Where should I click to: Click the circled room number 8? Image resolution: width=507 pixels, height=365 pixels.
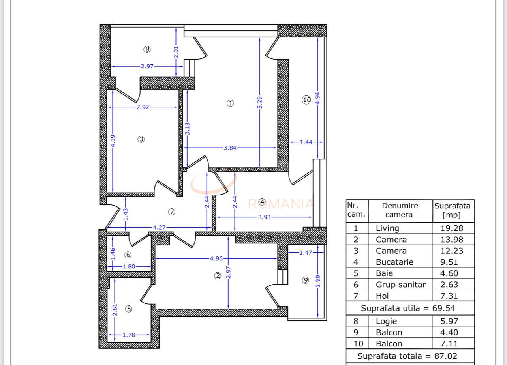(147, 49)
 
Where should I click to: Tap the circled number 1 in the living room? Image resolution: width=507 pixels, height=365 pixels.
(230, 103)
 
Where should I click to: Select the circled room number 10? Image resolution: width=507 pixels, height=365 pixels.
(307, 100)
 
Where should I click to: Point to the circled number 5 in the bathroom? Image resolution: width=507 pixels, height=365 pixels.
(129, 309)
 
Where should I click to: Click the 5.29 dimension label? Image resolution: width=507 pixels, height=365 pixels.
(259, 102)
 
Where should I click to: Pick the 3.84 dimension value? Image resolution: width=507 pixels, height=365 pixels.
(230, 148)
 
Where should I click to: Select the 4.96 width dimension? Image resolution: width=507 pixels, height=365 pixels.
(216, 259)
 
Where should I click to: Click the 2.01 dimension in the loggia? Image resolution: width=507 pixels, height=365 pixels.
(176, 52)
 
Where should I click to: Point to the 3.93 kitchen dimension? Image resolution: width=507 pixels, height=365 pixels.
(264, 217)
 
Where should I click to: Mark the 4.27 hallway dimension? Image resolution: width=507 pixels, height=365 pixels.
(159, 227)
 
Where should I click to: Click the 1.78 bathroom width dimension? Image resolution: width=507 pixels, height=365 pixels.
(129, 335)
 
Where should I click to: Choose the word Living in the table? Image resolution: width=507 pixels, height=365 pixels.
(387, 228)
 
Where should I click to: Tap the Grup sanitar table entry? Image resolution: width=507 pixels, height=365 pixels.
(400, 285)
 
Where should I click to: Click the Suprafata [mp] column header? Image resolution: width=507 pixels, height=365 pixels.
(453, 210)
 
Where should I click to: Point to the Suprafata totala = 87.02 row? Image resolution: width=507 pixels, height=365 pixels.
(407, 356)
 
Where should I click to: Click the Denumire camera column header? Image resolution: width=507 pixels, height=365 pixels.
(400, 210)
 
